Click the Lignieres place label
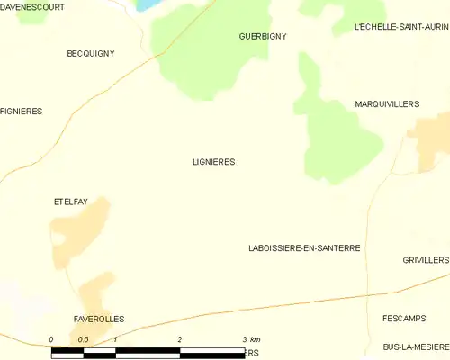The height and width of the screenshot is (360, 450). pyautogui.click(x=213, y=162)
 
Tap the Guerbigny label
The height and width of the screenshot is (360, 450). pyautogui.click(x=263, y=36)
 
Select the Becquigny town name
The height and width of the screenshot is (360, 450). pyautogui.click(x=91, y=54)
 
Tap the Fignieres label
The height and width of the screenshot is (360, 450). pyautogui.click(x=22, y=112)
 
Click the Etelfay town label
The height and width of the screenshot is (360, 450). pyautogui.click(x=70, y=202)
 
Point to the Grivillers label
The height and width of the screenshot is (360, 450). pyautogui.click(x=426, y=260)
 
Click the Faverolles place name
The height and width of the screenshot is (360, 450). pyautogui.click(x=99, y=319)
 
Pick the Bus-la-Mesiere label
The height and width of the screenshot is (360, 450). pyautogui.click(x=415, y=346)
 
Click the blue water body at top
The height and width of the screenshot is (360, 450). pyautogui.click(x=147, y=4)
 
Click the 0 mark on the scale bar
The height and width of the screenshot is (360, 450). pyautogui.click(x=51, y=339)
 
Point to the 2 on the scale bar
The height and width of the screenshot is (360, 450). pyautogui.click(x=180, y=339)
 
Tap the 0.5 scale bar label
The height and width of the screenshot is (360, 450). pyautogui.click(x=83, y=339)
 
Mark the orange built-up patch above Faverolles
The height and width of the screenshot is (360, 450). pyautogui.click(x=96, y=292)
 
